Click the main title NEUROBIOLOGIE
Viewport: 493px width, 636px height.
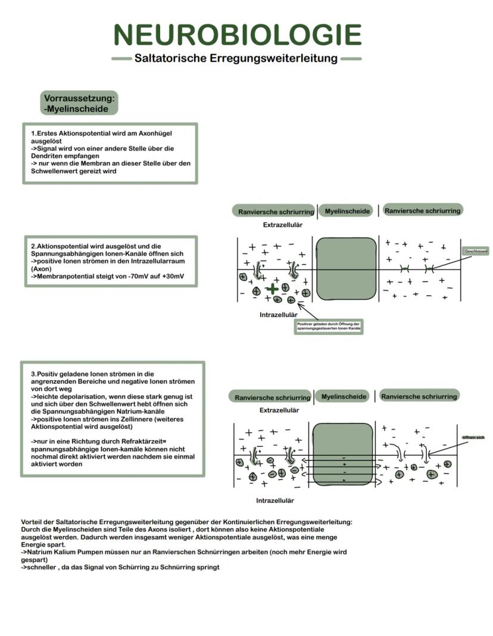pyautogui.click(x=238, y=35)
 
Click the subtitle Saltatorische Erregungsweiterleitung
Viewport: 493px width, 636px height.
pyautogui.click(x=236, y=58)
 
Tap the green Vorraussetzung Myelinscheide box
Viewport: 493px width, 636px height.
pyautogui.click(x=80, y=103)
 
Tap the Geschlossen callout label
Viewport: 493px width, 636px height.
pyautogui.click(x=475, y=252)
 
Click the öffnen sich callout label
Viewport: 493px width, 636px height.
pyautogui.click(x=473, y=438)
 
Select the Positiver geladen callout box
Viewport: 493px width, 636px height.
pyautogui.click(x=329, y=326)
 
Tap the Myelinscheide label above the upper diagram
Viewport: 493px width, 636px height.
pyautogui.click(x=348, y=211)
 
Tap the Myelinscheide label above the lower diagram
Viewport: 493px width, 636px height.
pyautogui.click(x=344, y=396)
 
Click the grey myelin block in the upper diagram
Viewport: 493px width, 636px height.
pyautogui.click(x=347, y=269)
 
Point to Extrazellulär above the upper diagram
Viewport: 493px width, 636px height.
pyautogui.click(x=283, y=225)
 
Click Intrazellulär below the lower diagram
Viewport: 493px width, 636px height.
pyautogui.click(x=274, y=500)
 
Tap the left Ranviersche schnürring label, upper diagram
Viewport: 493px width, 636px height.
pyautogui.click(x=276, y=211)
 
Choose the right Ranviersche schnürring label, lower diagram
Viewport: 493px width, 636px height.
pyautogui.click(x=419, y=396)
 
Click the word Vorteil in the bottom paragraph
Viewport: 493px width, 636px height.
pyautogui.click(x=33, y=522)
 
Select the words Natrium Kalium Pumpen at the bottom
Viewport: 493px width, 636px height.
pyautogui.click(x=60, y=552)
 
